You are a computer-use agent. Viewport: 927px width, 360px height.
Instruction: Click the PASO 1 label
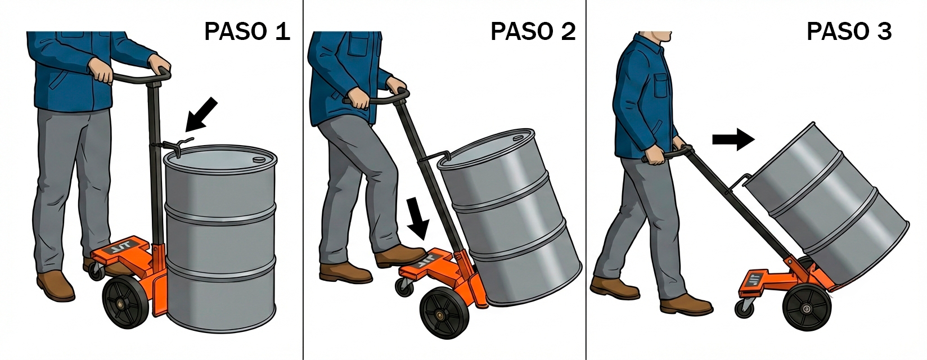247,31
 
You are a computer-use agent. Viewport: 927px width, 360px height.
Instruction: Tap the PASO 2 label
533,31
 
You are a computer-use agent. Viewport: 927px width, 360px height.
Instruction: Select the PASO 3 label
849,31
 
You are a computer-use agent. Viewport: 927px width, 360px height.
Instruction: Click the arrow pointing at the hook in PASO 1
201,114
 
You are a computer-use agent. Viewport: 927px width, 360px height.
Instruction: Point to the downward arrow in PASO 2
417,218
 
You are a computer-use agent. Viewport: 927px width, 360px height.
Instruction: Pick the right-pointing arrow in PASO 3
733,140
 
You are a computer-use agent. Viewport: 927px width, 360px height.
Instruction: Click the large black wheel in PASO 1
125,303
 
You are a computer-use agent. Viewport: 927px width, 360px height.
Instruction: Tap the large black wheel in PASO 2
443,314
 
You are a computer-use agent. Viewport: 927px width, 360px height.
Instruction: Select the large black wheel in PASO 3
807,308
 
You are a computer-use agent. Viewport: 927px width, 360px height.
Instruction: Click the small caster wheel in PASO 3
745,309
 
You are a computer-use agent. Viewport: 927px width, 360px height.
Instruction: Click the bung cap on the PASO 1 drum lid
259,159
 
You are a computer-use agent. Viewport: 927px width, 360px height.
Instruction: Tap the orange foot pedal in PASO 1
120,249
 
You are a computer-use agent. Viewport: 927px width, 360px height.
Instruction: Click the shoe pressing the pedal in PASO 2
400,256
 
